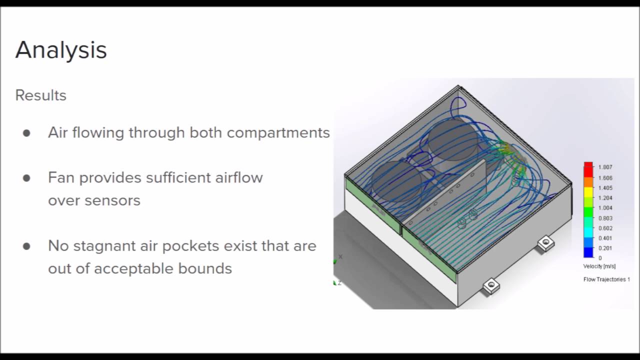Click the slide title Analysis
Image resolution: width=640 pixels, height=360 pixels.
coord(61,50)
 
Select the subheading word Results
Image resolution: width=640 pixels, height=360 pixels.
coord(40,95)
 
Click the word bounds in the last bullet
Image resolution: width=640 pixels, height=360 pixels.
coord(206,268)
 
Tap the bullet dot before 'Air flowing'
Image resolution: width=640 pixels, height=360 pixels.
coord(26,133)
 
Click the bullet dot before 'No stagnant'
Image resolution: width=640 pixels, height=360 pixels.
coord(26,246)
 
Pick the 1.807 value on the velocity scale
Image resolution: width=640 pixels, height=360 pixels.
coord(605,167)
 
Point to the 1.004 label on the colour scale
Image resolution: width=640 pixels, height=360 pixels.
coord(605,208)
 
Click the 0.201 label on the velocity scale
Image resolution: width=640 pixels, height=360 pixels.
coord(605,248)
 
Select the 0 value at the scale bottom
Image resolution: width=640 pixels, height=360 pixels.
coord(600,258)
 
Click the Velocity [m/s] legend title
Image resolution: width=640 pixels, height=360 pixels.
coord(599,266)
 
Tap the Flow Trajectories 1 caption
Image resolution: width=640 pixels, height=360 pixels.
coord(606,279)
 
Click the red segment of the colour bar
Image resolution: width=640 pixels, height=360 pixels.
coord(588,167)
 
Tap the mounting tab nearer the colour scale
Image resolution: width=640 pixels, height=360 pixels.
coord(545,243)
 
